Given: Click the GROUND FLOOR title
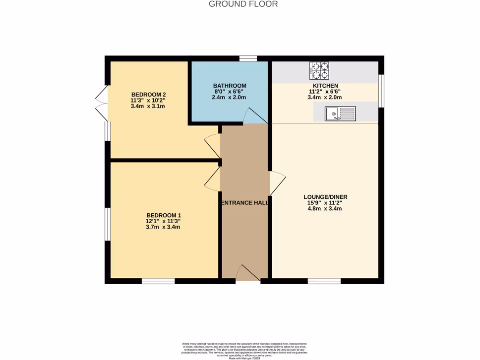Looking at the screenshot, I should pyautogui.click(x=243, y=4).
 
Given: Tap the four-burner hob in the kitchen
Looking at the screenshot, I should pyautogui.click(x=319, y=70).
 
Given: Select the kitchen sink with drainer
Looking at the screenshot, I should pyautogui.click(x=341, y=113).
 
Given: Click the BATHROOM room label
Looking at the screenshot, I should pyautogui.click(x=230, y=86).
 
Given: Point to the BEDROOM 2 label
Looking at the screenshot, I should pyautogui.click(x=149, y=93).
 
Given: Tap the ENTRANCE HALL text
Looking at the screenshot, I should pyautogui.click(x=244, y=203).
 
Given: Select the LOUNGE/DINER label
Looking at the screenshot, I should pyautogui.click(x=325, y=197).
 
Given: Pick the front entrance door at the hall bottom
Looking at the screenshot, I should pyautogui.click(x=247, y=274).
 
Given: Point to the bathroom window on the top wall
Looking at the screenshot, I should pyautogui.click(x=248, y=59).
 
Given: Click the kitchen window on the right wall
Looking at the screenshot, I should pyautogui.click(x=381, y=90).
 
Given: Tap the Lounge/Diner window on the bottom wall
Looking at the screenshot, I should pyautogui.click(x=324, y=281).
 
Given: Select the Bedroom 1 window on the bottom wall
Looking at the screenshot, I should pyautogui.click(x=158, y=281).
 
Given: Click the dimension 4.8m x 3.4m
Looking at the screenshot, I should pyautogui.click(x=325, y=209).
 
